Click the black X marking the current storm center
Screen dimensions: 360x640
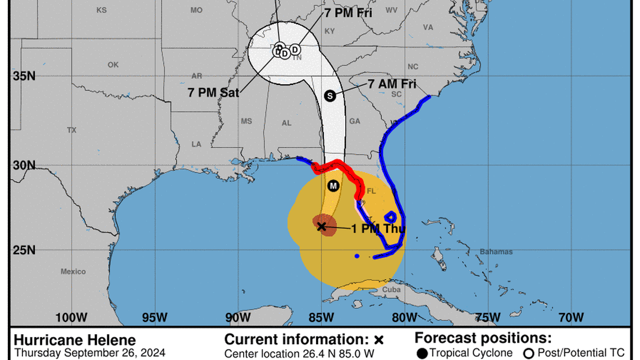click(x=321, y=226)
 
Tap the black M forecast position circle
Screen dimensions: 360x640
click(x=333, y=186)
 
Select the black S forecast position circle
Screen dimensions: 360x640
click(x=330, y=96)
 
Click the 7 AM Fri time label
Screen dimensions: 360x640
click(x=392, y=84)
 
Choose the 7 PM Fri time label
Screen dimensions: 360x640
click(x=348, y=13)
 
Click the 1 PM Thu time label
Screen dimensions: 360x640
click(x=378, y=229)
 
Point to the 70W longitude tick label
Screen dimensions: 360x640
click(x=572, y=317)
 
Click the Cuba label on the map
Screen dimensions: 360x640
click(x=391, y=290)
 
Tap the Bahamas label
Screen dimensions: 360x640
click(x=496, y=252)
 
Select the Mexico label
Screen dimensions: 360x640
click(x=73, y=272)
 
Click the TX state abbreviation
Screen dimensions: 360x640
click(x=71, y=130)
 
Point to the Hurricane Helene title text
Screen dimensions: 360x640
click(x=75, y=340)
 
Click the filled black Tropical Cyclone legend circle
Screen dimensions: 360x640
click(x=423, y=353)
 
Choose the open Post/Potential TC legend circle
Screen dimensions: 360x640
click(x=528, y=353)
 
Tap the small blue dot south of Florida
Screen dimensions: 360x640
click(x=357, y=256)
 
